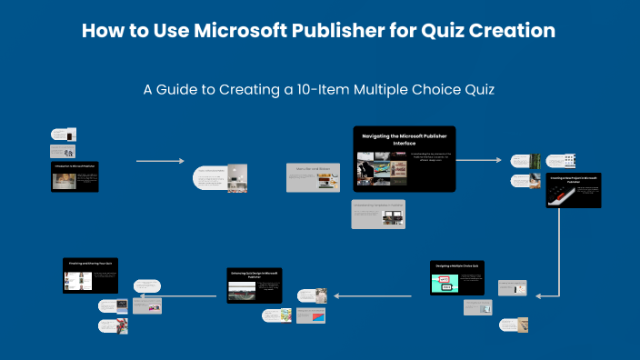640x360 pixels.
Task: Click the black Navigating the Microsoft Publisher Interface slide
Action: (x=404, y=159)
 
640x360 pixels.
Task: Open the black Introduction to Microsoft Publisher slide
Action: (x=74, y=176)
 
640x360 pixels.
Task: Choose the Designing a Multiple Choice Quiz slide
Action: (x=457, y=278)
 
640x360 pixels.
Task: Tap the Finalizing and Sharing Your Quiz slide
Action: (x=91, y=275)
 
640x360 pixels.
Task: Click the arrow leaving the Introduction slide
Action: (x=160, y=161)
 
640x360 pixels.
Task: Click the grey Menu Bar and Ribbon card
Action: (x=314, y=178)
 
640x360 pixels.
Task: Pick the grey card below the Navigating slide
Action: (x=378, y=214)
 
